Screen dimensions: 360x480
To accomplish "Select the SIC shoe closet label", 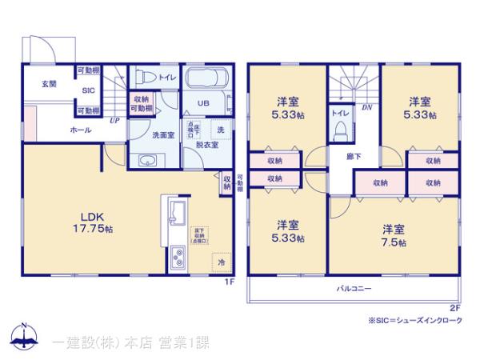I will point(88,91).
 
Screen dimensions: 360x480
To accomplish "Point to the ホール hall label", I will point(81,130).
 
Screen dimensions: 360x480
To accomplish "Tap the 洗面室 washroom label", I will point(163,134).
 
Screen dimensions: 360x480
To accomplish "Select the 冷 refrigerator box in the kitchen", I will point(221,262).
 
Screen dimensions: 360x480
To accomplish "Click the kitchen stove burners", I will point(177,259).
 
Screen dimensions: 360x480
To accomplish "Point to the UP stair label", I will point(115,121).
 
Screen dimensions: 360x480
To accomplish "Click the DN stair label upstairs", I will point(366,107).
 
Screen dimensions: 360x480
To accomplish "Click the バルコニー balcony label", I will point(354,286).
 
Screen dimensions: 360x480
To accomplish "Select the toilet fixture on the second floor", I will point(339,130).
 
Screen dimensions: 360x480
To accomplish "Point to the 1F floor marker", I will point(228,282).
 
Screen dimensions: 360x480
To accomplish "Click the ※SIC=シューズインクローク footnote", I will point(416,321).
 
